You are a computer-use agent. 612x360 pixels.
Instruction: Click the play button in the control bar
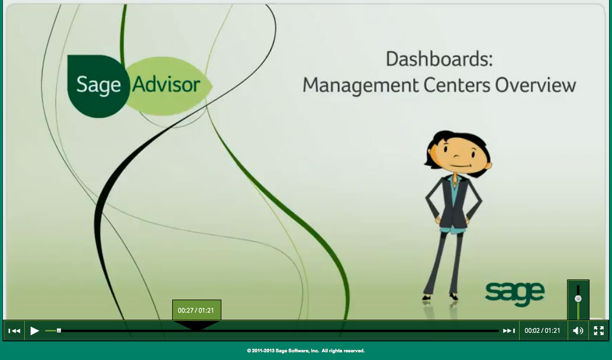[35, 331]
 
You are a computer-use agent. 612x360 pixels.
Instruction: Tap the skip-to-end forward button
[509, 331]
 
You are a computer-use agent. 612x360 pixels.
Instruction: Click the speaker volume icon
[578, 331]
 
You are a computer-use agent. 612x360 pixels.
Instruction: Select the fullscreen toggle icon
[599, 331]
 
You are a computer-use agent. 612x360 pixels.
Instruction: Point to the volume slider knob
[578, 298]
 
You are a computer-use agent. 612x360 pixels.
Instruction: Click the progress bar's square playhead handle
[59, 331]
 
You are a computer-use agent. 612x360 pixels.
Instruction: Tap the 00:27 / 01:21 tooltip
[196, 310]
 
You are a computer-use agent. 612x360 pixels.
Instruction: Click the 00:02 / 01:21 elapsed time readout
[542, 331]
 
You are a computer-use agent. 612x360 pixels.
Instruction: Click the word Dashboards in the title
[439, 59]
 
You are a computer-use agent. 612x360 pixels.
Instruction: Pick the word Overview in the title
[536, 85]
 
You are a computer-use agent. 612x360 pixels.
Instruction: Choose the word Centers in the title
[457, 85]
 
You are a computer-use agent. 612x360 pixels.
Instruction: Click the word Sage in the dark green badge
[98, 85]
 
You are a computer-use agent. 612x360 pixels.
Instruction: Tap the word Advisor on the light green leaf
[166, 85]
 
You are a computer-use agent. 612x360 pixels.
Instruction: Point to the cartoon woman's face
[460, 156]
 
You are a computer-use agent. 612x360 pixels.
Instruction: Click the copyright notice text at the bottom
[305, 351]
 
